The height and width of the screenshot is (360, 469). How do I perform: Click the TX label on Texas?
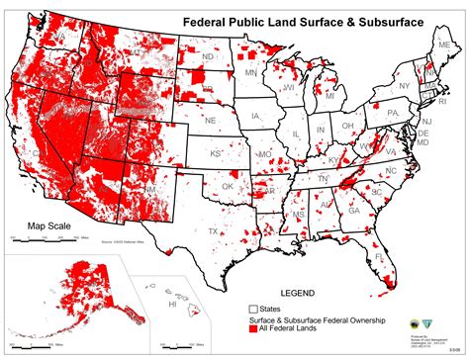tap(213, 231)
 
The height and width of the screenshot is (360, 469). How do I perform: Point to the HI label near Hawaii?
tap(171, 305)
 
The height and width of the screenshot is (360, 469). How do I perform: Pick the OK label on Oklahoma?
tap(227, 186)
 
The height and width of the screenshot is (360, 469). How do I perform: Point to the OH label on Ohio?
tap(348, 127)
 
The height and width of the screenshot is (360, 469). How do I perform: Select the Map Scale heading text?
tap(47, 225)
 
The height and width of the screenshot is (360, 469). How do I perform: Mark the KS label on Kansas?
tap(215, 154)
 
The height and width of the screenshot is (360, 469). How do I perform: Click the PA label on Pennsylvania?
tap(391, 112)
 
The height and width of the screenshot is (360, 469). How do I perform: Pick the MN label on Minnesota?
tap(251, 72)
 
